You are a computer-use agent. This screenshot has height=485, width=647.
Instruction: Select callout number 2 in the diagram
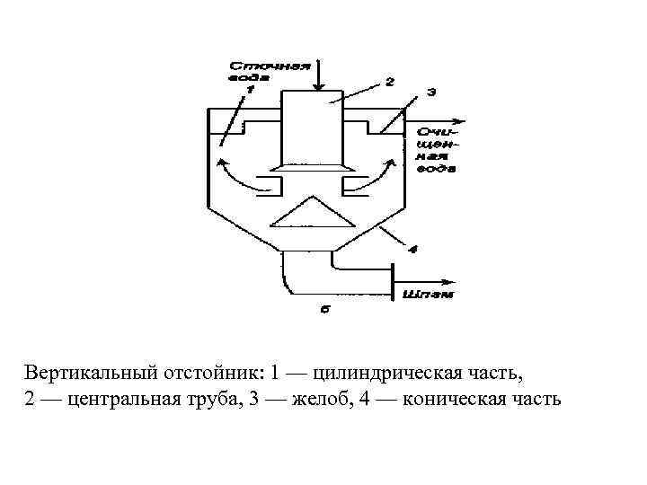click(389, 82)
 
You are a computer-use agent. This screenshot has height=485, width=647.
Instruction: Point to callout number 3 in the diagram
click(431, 91)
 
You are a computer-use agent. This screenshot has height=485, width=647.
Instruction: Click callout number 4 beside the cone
click(412, 249)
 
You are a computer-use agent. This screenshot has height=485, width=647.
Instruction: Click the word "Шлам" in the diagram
click(431, 293)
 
